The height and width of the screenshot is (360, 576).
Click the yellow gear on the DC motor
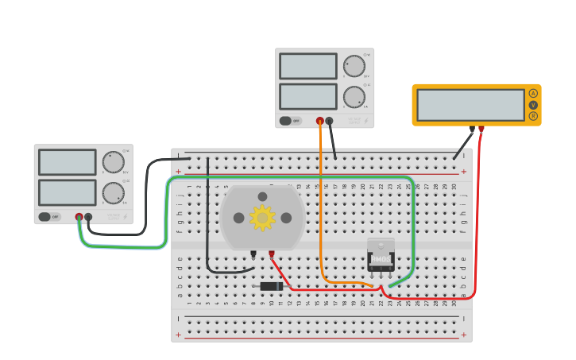(262, 218)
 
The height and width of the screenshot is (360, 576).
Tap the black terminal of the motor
(253, 254)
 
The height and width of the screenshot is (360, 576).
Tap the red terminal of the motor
(272, 254)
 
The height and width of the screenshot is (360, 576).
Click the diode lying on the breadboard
(272, 286)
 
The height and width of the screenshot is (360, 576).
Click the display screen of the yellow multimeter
(470, 105)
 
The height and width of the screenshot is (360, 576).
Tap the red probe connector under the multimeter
(481, 129)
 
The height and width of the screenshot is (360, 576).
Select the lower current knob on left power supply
(113, 193)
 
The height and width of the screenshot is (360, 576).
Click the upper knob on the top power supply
(354, 66)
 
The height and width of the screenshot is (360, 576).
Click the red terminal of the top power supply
(320, 121)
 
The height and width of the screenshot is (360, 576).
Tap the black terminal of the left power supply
(88, 216)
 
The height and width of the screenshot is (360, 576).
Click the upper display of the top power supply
(308, 66)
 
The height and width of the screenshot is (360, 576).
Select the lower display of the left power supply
(68, 192)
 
